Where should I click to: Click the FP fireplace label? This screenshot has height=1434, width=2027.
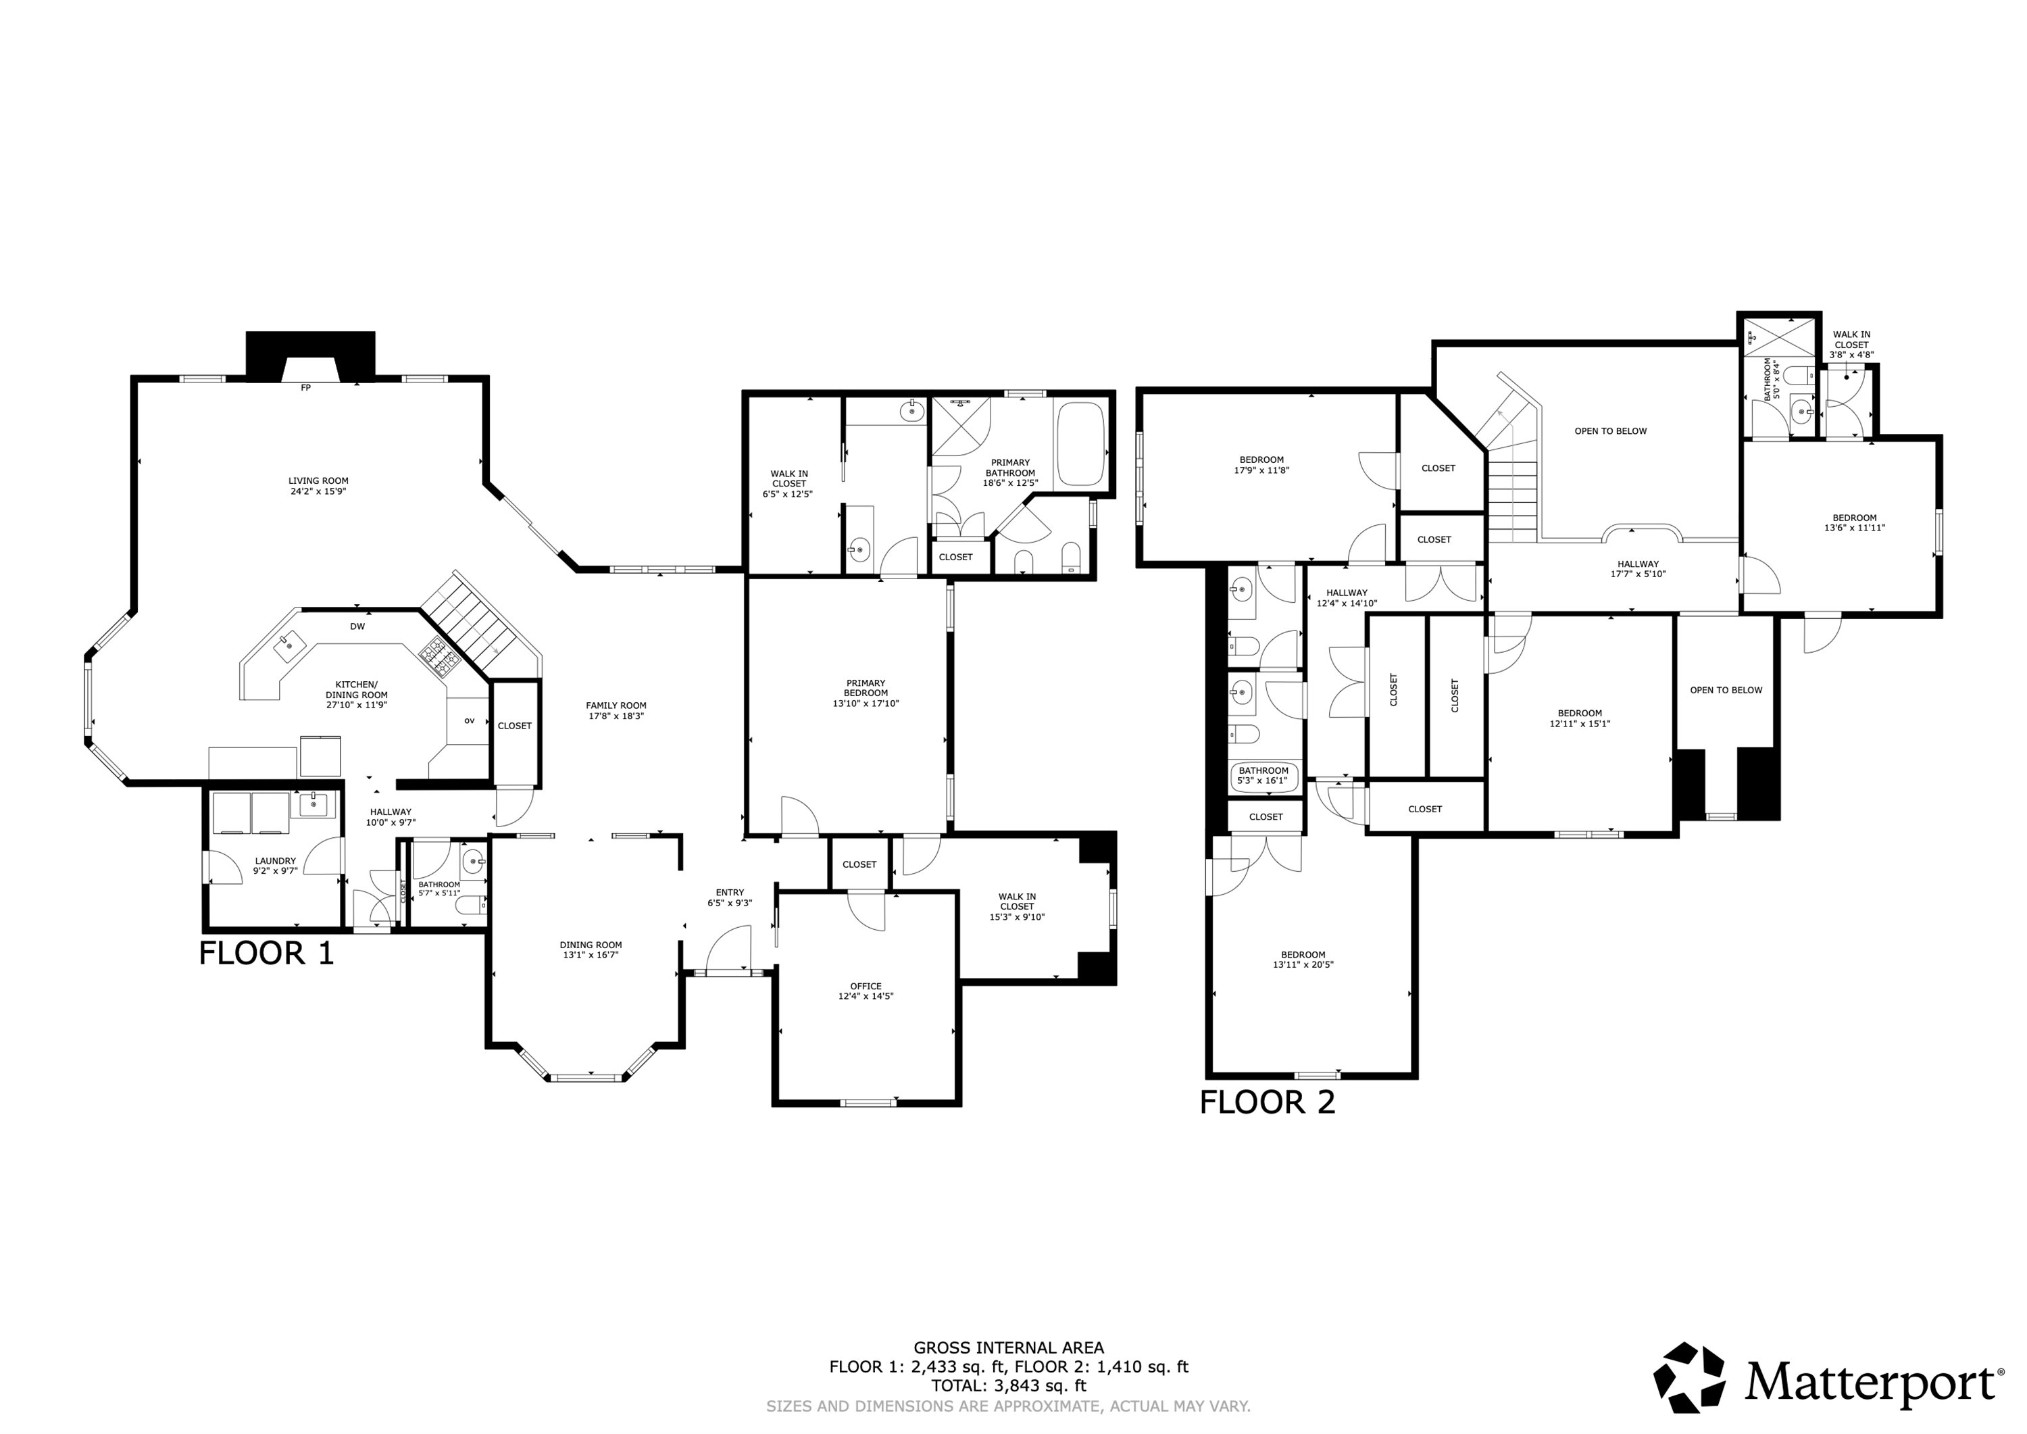pos(305,388)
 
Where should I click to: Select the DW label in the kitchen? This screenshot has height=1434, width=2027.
pos(357,627)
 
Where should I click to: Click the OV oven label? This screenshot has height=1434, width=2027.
pos(470,720)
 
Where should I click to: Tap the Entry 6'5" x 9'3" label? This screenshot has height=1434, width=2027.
pos(729,897)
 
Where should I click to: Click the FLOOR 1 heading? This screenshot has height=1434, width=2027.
pos(267,953)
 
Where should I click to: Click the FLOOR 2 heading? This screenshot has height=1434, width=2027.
pos(1267,1102)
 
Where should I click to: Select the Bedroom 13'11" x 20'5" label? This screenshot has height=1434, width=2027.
pos(1303,959)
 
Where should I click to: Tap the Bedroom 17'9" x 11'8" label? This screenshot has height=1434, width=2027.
pos(1261,464)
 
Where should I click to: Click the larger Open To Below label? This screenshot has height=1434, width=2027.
pos(1610,431)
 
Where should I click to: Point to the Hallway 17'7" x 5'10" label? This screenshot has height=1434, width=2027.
pos(1638,568)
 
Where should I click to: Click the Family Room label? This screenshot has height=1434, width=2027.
pos(616,711)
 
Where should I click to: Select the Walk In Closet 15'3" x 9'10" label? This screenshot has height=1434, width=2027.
pos(1016,906)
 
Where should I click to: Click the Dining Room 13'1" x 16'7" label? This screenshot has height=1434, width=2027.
pos(591,949)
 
